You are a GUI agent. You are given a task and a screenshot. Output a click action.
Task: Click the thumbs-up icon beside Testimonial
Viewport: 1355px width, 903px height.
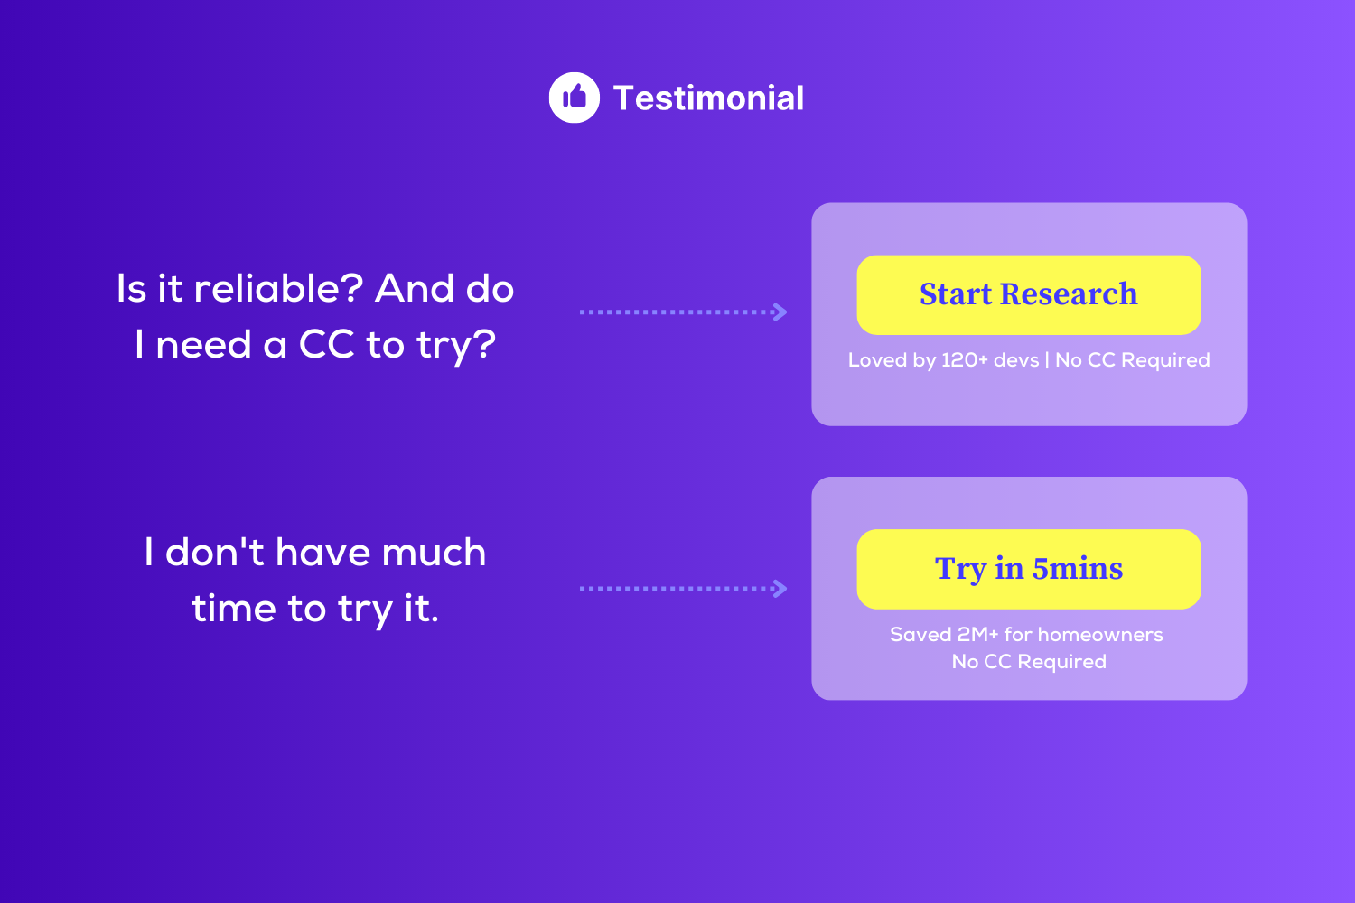click(x=574, y=98)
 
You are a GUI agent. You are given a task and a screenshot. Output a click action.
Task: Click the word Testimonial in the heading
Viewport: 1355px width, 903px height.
click(x=708, y=98)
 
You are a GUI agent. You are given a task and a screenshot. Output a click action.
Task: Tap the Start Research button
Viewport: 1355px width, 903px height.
click(x=1028, y=294)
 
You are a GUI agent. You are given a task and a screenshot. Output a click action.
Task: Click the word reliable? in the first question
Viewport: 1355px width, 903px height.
click(x=278, y=288)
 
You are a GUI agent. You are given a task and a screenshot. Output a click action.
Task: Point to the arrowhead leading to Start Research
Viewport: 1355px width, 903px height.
click(x=780, y=312)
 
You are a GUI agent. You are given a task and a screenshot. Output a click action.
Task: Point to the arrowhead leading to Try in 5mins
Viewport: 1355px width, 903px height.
click(x=780, y=589)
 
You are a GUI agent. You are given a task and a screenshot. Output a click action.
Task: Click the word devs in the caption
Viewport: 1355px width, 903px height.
click(x=1016, y=360)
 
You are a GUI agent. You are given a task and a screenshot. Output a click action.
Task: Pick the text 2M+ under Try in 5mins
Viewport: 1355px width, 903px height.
click(x=977, y=635)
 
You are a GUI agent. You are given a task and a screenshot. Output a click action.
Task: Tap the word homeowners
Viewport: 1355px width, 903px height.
click(x=1100, y=635)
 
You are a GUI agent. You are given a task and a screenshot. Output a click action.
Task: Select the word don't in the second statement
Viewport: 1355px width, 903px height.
click(x=215, y=552)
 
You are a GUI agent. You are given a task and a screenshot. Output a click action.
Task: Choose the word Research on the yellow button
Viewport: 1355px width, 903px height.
click(x=1069, y=294)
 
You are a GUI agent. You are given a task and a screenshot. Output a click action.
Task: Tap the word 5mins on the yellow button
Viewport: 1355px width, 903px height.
click(x=1078, y=569)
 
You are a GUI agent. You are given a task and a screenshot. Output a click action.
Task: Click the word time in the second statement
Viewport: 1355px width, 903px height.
click(x=235, y=608)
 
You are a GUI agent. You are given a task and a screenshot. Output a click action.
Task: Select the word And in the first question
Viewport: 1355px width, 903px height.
click(x=415, y=288)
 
